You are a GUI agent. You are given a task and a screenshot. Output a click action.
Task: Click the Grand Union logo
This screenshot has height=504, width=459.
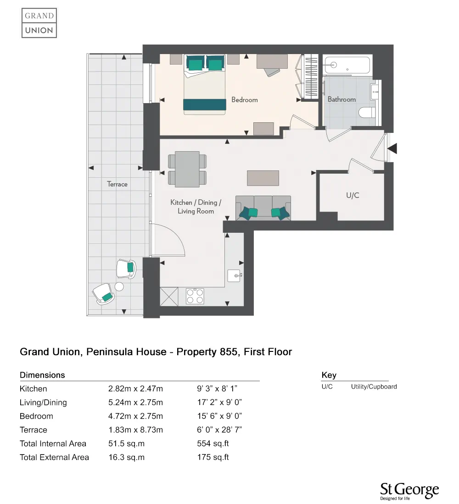39,23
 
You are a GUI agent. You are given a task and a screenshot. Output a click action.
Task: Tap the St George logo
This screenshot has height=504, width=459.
409,491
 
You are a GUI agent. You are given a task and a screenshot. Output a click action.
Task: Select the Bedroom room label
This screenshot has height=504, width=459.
244,99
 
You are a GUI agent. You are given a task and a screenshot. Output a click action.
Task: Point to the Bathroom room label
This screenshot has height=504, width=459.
341,99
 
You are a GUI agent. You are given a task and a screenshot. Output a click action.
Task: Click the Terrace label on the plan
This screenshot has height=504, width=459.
117,184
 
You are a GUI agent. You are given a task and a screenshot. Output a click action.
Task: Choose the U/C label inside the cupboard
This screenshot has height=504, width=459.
353,195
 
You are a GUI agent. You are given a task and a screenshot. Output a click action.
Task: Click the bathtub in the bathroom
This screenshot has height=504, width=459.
347,66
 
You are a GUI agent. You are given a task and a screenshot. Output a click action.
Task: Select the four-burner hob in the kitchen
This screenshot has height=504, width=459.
195,296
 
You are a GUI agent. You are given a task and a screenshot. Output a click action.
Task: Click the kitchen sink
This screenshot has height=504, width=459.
235,275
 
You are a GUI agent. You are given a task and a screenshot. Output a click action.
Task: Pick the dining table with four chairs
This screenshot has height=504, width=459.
187,169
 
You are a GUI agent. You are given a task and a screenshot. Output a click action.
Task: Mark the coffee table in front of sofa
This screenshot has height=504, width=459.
263,178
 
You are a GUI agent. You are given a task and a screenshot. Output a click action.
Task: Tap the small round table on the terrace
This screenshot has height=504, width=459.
119,287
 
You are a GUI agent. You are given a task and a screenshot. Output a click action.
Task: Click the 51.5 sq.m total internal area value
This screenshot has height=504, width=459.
126,444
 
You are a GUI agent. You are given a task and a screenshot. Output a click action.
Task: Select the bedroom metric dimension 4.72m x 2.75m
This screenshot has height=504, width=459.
135,416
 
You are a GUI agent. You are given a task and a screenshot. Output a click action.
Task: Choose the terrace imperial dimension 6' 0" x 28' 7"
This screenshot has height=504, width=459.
219,430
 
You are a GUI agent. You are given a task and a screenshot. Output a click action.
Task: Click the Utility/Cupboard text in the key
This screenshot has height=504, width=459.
374,387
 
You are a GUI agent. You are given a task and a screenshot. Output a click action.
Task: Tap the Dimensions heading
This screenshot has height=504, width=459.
42,375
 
